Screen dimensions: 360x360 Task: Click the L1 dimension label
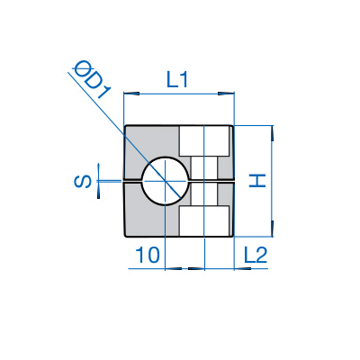tap(177, 80)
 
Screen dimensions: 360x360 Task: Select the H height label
tap(257, 181)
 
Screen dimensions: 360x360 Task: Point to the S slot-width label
tap(83, 182)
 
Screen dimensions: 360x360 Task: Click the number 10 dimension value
tap(148, 255)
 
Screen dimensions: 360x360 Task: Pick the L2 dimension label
tap(256, 256)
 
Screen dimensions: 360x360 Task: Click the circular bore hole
tap(166, 181)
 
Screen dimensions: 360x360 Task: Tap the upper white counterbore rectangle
tap(204, 141)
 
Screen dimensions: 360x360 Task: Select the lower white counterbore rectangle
tap(204, 220)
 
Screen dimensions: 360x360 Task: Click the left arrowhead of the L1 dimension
tap(131, 94)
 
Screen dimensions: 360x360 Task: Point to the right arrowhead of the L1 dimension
tap(226, 94)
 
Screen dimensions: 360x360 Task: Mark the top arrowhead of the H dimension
tap(273, 133)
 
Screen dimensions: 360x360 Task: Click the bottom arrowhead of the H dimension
tap(273, 229)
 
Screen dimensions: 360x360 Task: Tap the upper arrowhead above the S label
tap(98, 172)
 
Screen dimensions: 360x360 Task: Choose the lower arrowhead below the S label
tap(98, 190)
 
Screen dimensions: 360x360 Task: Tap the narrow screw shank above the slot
tap(204, 168)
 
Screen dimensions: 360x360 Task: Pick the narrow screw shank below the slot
tap(204, 194)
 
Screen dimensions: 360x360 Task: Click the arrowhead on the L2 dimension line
tap(242, 268)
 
